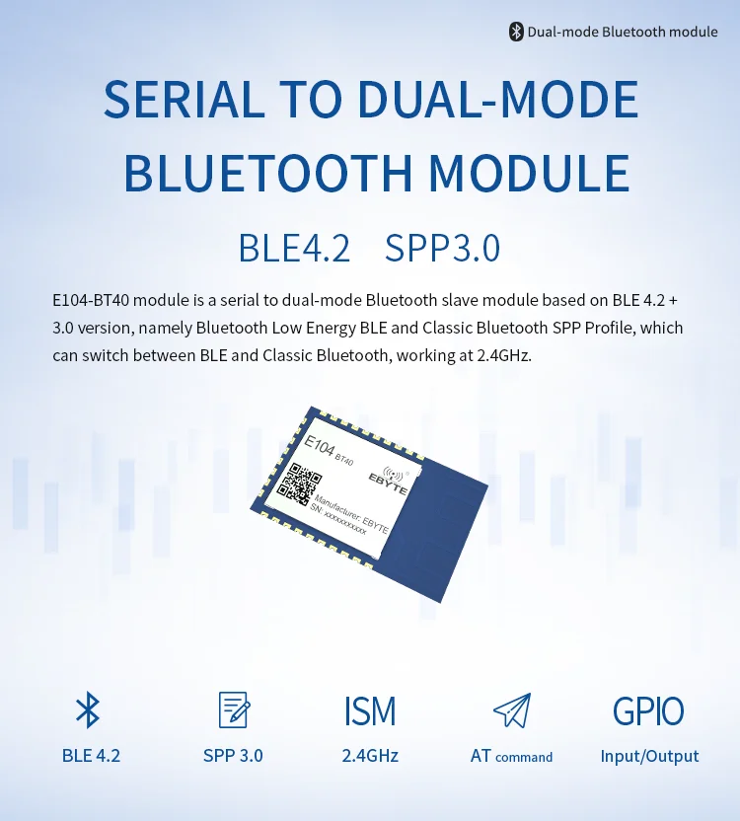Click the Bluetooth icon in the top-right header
[x=515, y=32]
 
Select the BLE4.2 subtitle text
[x=294, y=248]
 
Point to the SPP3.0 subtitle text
[x=442, y=248]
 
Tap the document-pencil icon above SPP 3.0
[x=233, y=710]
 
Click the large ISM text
[x=370, y=710]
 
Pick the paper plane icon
[x=511, y=710]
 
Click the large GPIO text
[x=648, y=710]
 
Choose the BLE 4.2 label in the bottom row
[x=91, y=756]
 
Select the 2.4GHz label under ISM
[x=370, y=756]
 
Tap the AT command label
[x=511, y=757]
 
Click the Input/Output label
[x=649, y=756]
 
